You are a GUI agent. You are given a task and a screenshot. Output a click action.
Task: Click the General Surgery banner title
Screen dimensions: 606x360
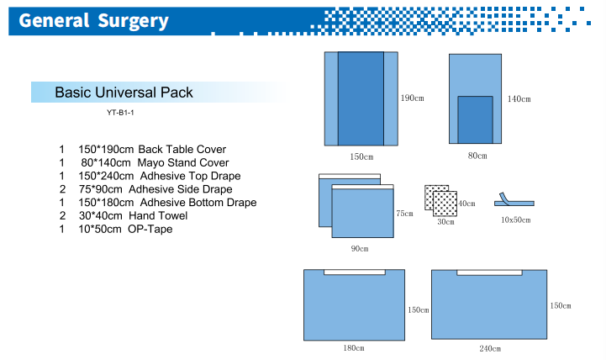[x=93, y=20]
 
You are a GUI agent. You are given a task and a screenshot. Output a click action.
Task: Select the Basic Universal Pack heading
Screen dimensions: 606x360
[x=124, y=93]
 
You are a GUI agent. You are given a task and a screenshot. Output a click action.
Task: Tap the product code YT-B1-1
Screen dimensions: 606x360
[x=120, y=113]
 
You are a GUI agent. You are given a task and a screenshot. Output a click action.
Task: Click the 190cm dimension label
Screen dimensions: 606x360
[x=413, y=98]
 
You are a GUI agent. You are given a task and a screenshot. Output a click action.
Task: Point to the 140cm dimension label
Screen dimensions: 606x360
[x=519, y=99]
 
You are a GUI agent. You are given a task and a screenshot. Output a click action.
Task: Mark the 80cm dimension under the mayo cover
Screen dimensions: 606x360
[x=477, y=156]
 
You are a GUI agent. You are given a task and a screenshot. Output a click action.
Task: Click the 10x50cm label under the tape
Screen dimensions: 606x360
[x=515, y=220]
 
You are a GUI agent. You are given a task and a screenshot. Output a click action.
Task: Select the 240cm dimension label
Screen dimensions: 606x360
[x=490, y=349]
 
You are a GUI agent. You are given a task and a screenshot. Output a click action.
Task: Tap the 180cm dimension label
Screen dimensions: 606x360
[x=354, y=348]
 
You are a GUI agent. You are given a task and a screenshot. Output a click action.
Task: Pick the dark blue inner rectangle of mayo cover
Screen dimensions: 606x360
[x=476, y=120]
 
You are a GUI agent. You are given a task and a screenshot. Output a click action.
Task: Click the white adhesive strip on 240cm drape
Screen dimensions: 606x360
[x=489, y=273]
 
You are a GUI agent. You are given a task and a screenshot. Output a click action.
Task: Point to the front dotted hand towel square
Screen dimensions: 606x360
[x=445, y=204]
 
